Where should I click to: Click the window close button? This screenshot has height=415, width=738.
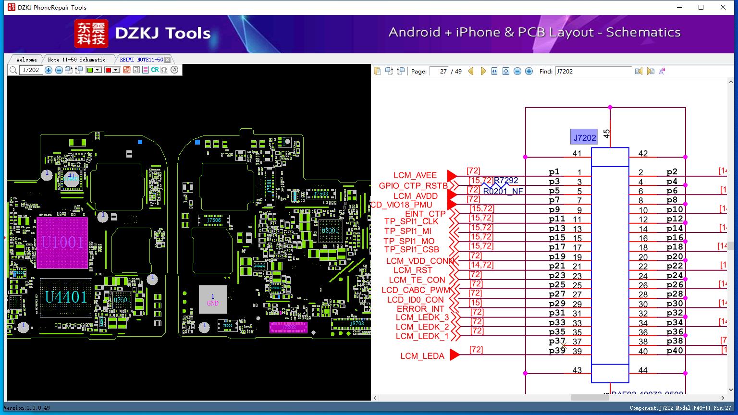(723, 7)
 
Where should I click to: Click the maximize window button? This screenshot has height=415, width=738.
(701, 7)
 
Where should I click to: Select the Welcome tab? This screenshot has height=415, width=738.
(26, 60)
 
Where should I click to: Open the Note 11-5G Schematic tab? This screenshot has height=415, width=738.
(76, 60)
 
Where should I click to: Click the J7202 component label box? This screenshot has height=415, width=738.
(584, 137)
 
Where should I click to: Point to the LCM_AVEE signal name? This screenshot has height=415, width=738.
(415, 175)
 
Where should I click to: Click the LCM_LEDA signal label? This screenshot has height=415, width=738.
(422, 356)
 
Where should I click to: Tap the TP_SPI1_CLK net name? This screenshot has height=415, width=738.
(411, 221)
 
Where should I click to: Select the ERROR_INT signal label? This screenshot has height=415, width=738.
(420, 309)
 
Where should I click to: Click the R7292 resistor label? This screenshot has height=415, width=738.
(506, 181)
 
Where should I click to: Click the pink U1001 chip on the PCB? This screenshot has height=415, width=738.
(62, 242)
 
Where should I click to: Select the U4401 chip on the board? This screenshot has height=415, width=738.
(66, 297)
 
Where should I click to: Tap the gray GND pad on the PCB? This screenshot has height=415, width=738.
(213, 300)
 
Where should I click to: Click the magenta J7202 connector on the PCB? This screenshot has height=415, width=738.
(289, 328)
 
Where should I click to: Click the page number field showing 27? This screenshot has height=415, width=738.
(439, 71)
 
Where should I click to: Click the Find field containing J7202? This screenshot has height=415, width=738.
(593, 71)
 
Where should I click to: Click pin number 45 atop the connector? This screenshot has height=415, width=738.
(607, 134)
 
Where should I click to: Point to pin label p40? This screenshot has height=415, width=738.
(675, 351)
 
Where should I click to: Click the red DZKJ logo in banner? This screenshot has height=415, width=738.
(91, 34)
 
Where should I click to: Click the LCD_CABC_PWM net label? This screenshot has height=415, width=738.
(416, 290)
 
